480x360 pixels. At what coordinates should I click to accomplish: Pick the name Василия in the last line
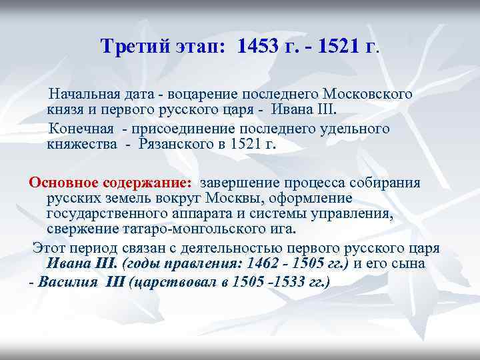(x=67, y=281)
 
